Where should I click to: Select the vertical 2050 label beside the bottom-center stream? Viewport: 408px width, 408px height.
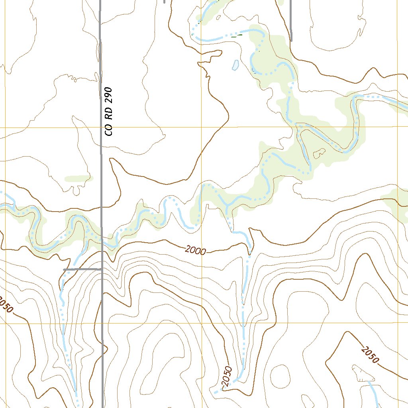(226, 376)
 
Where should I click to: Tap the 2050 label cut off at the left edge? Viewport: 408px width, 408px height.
(6, 305)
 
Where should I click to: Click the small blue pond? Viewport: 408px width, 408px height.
(235, 65)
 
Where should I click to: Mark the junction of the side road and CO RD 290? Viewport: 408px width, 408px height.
(102, 270)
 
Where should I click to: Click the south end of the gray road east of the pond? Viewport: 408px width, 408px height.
(291, 40)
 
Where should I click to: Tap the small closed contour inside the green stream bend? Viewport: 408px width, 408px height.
(320, 153)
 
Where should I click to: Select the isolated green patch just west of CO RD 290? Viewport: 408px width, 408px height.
(78, 178)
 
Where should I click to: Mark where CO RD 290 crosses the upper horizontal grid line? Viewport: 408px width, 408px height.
(101, 127)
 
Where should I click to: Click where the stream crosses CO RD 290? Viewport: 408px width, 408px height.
(102, 241)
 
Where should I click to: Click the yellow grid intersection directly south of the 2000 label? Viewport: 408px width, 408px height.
(202, 323)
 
